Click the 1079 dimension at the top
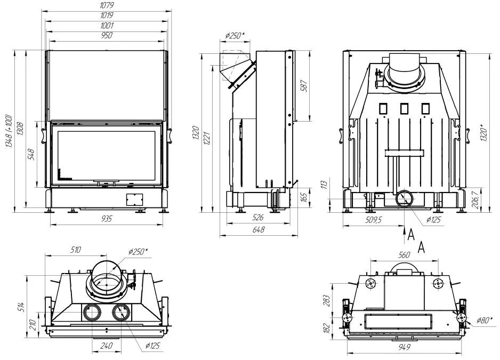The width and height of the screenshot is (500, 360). [107, 5]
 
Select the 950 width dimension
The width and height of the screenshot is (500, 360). [107, 35]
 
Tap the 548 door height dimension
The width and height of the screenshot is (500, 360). [31, 155]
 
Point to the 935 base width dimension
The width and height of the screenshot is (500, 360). [107, 219]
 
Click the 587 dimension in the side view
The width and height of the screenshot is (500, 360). [304, 86]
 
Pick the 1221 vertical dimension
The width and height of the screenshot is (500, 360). [207, 138]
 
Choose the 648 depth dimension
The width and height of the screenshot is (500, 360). [259, 229]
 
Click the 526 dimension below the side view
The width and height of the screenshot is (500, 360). [257, 218]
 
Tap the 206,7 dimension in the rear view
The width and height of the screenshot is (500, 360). [475, 200]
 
